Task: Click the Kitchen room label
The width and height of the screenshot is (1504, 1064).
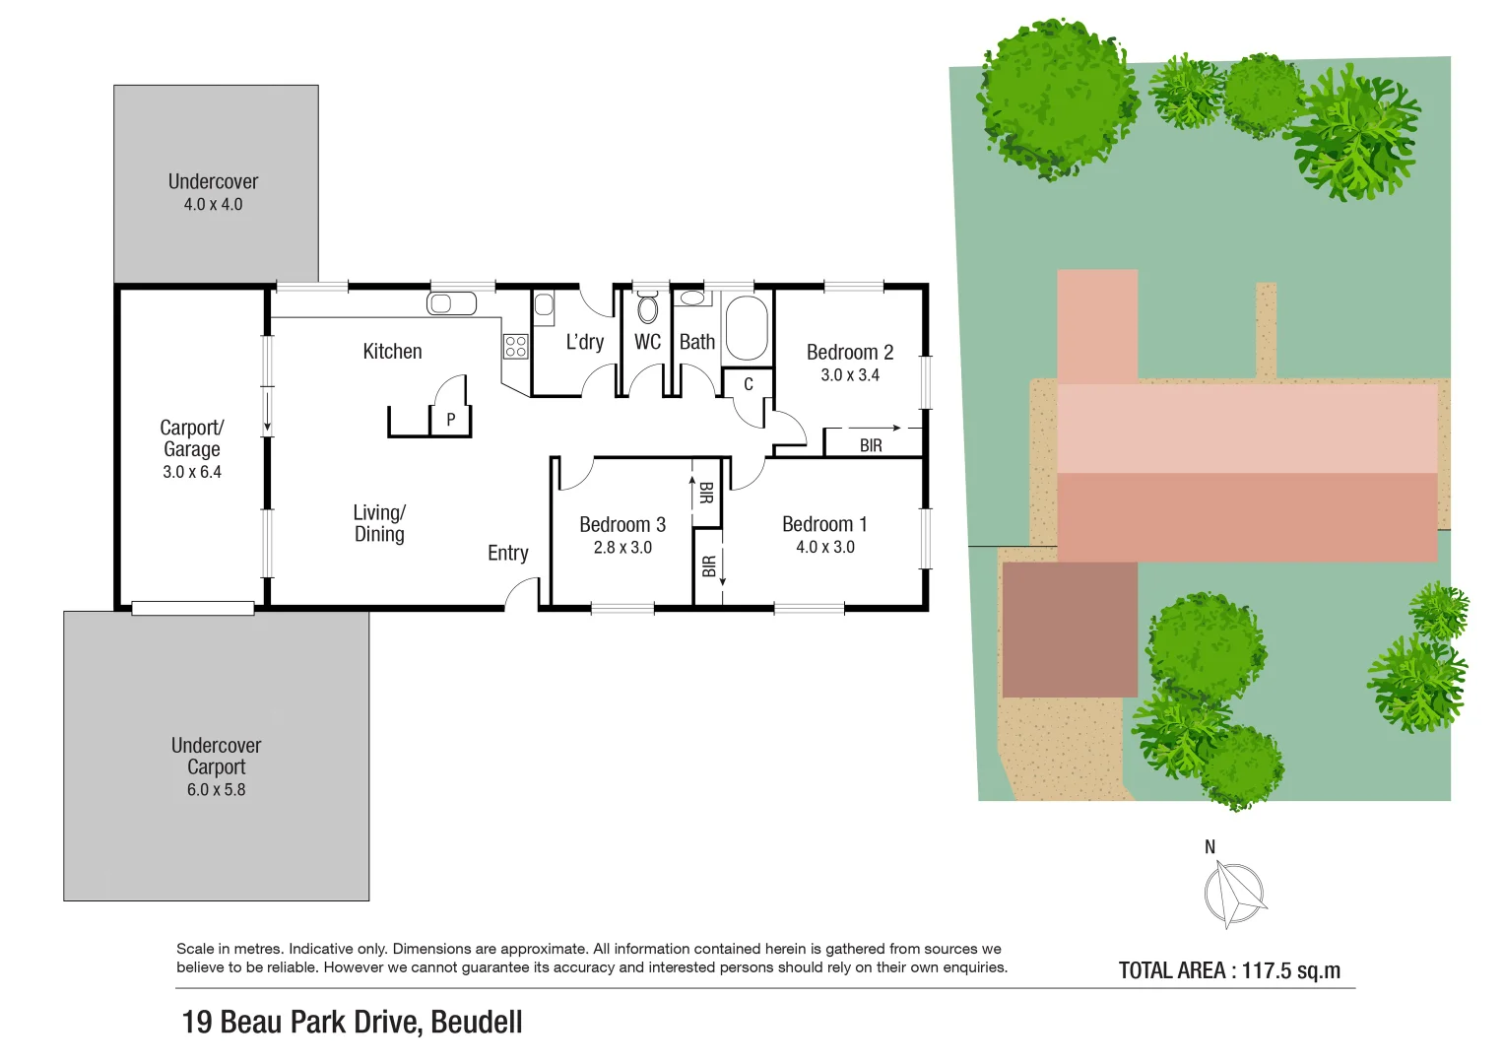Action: tap(392, 352)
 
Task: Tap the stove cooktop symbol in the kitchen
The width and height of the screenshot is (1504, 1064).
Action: tap(515, 346)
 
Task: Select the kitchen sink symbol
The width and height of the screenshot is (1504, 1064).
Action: tap(452, 303)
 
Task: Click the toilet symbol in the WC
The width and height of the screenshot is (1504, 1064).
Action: tap(647, 308)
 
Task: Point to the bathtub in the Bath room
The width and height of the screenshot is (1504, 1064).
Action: tap(747, 328)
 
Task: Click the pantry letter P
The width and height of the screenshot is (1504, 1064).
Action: tap(450, 420)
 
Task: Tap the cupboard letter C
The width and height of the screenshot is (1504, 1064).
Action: tap(748, 384)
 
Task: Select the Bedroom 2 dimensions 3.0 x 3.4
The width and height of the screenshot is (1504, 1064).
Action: tap(850, 375)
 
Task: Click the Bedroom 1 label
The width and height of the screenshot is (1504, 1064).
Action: tap(824, 524)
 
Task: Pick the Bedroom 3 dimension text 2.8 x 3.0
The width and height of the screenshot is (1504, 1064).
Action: tap(622, 548)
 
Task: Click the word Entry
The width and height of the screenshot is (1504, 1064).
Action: tap(508, 554)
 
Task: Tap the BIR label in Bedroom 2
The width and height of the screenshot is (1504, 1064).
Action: tap(871, 446)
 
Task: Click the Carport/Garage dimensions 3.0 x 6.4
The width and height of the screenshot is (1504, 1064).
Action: tap(192, 472)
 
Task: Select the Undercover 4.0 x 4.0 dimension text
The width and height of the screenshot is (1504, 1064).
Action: tap(213, 205)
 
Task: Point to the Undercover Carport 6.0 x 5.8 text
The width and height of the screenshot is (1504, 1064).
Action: tap(216, 790)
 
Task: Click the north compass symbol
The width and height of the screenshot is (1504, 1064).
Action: tap(1233, 894)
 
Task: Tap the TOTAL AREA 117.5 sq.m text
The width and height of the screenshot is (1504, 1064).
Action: tap(1229, 970)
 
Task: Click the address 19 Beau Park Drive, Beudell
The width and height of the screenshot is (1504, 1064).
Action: tap(352, 1023)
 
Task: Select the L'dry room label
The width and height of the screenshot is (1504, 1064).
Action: tap(584, 343)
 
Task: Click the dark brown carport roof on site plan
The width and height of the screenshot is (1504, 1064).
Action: tap(1070, 630)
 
